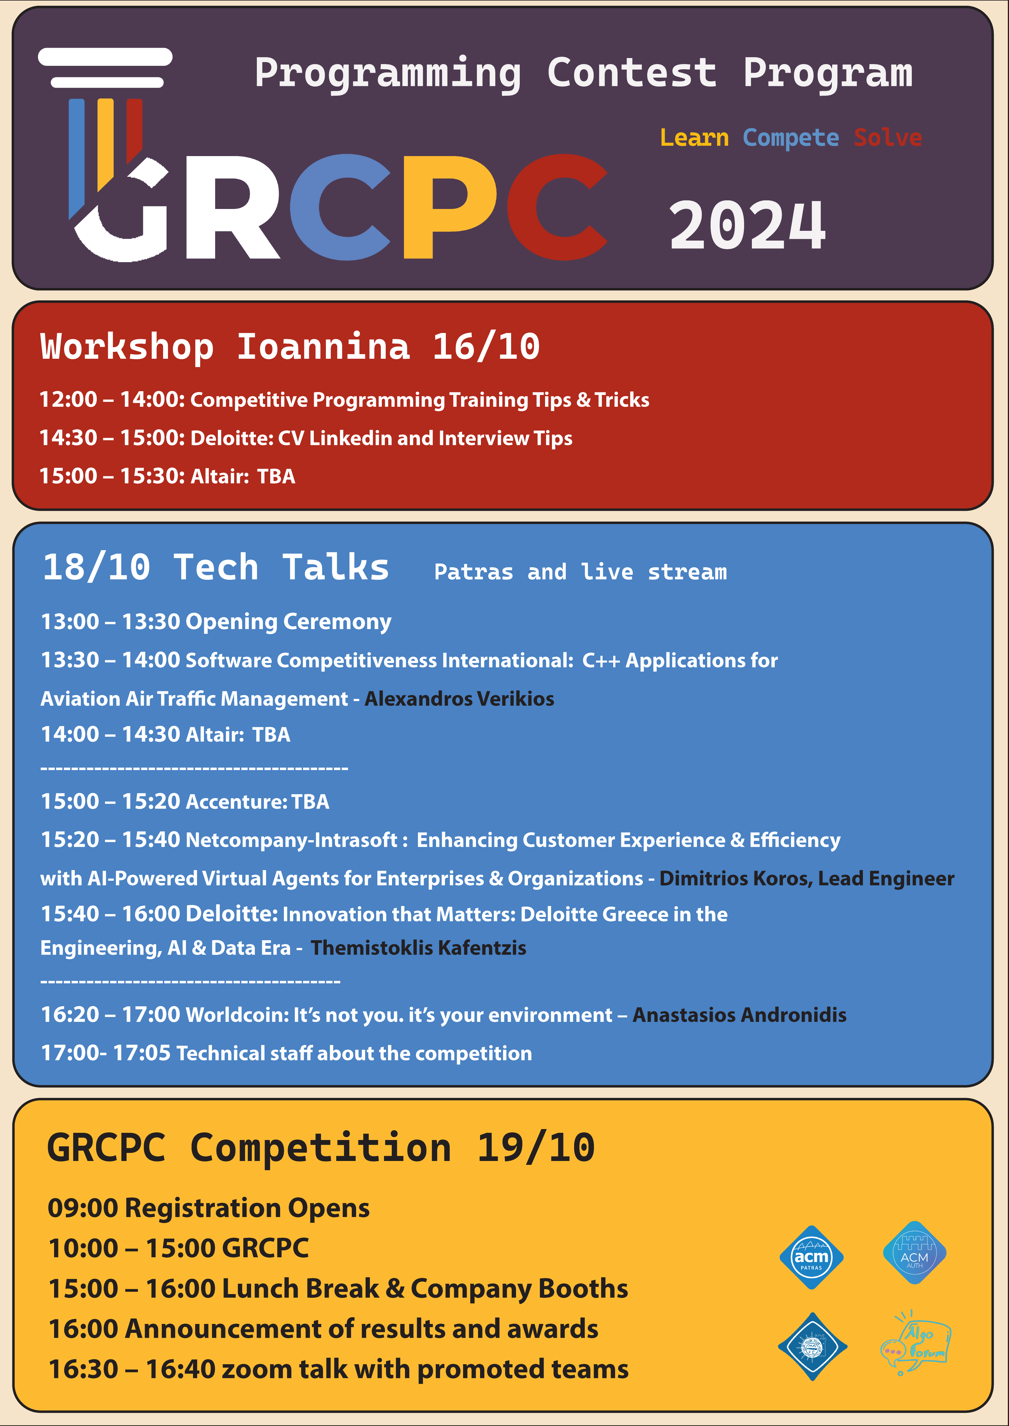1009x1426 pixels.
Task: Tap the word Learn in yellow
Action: pos(694,137)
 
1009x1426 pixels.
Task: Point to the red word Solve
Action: pos(888,137)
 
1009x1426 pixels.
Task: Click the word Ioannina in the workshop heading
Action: pos(323,347)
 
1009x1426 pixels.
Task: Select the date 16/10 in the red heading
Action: pos(486,347)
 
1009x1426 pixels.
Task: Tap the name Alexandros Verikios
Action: pos(459,699)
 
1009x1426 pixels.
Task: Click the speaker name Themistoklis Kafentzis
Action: pos(418,948)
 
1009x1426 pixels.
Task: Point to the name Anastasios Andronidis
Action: pos(739,1015)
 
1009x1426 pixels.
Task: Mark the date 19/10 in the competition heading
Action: pos(536,1148)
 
